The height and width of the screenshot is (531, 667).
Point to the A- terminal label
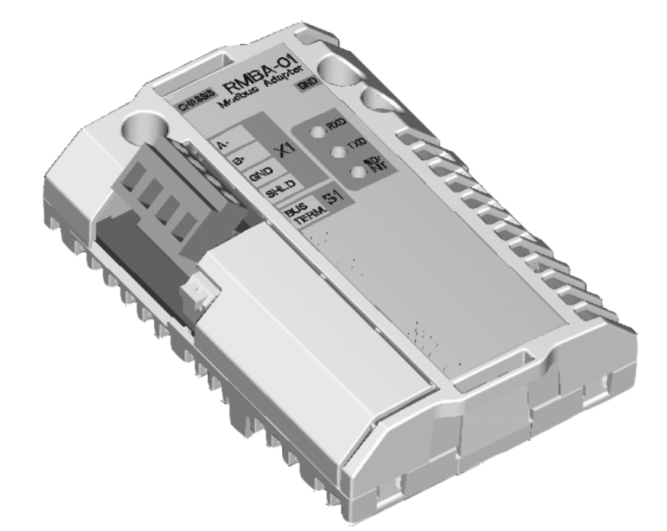[x=223, y=144]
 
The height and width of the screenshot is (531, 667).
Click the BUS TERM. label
[x=294, y=213]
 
